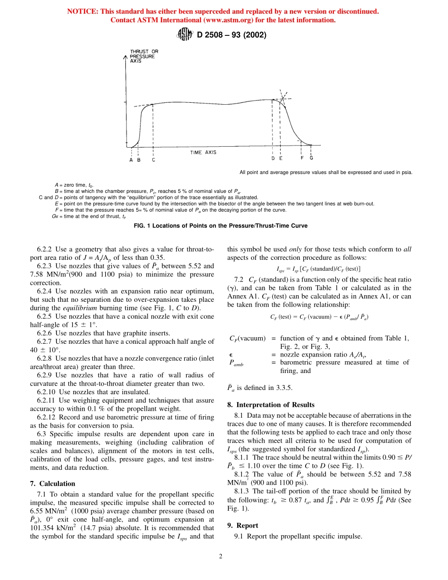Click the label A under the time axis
click(x=132, y=159)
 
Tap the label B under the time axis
click(x=139, y=159)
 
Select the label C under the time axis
click(x=154, y=159)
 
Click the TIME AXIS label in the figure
click(x=203, y=152)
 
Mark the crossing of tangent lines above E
click(x=283, y=99)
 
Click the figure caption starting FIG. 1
click(x=221, y=226)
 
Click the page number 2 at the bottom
click(x=220, y=556)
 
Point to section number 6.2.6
click(x=45, y=332)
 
